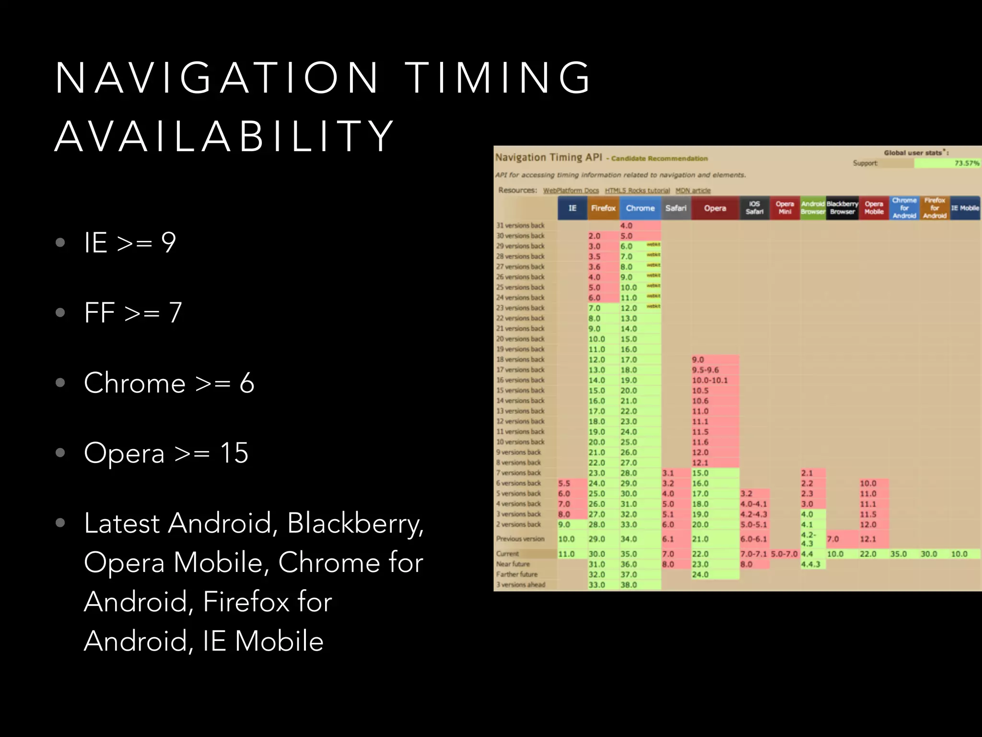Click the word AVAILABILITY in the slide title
click(224, 137)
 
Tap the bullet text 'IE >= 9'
click(130, 242)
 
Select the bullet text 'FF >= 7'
click(133, 313)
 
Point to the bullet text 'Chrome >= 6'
click(169, 383)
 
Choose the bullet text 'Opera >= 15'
click(166, 453)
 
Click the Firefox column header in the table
click(603, 208)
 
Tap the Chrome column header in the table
click(640, 208)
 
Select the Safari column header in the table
click(676, 208)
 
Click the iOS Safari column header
click(754, 208)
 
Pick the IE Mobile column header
click(965, 208)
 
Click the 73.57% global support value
click(966, 163)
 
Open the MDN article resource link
click(693, 190)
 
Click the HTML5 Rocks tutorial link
click(637, 190)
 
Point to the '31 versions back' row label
click(520, 226)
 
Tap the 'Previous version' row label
click(520, 539)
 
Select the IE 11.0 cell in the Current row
click(566, 554)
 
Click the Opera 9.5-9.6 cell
click(705, 370)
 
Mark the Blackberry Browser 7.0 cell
click(833, 539)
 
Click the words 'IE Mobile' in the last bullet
click(263, 642)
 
